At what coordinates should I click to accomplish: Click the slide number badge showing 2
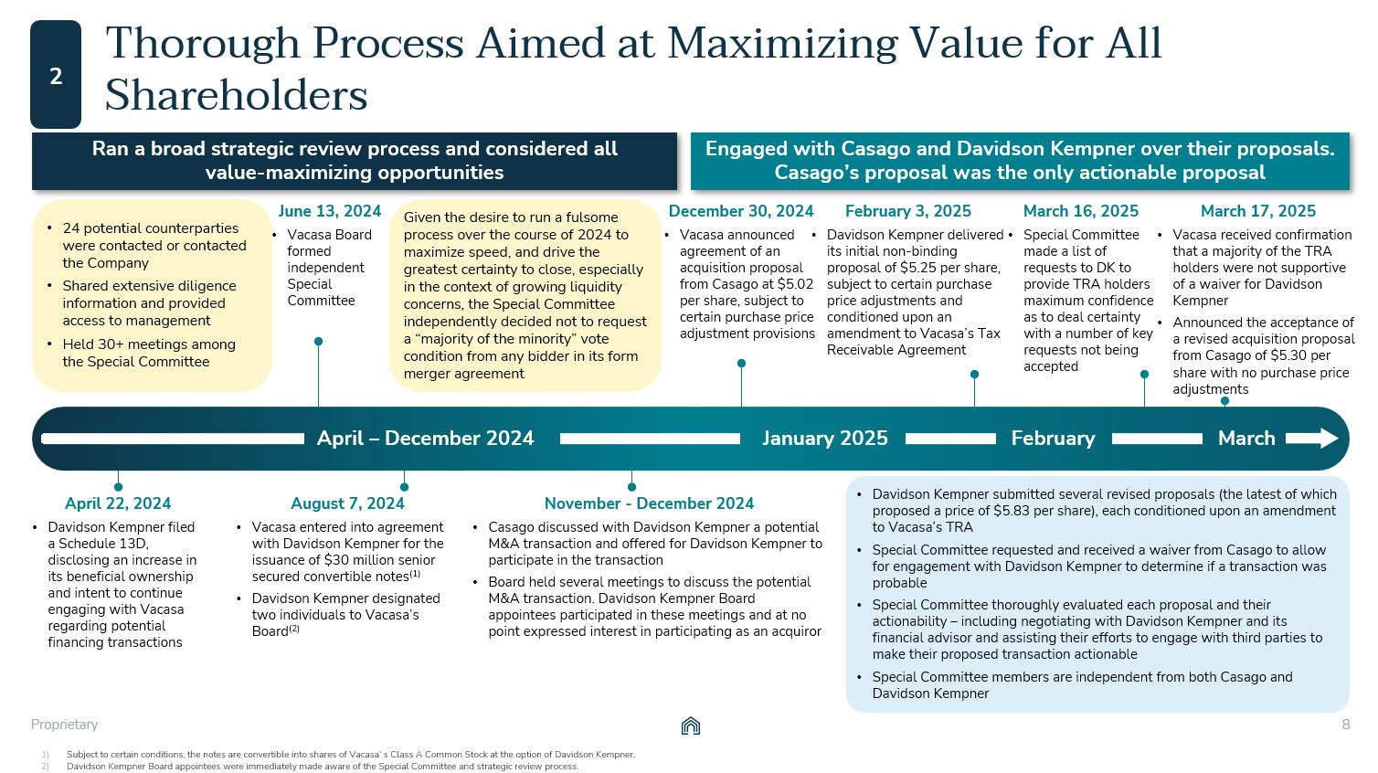click(x=56, y=75)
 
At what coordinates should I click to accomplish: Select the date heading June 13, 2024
click(x=330, y=211)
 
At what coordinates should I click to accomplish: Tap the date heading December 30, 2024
click(x=741, y=211)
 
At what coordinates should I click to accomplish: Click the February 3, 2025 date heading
click(x=907, y=211)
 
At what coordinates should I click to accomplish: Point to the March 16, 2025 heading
click(x=1080, y=211)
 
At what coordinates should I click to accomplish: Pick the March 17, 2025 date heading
click(x=1257, y=211)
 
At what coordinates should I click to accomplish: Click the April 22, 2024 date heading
click(x=118, y=503)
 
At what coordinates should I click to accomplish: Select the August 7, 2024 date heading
click(x=347, y=503)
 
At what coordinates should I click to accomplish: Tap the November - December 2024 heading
click(x=649, y=503)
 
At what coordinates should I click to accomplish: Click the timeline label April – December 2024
click(x=425, y=439)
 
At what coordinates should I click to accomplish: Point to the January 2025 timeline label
click(x=824, y=439)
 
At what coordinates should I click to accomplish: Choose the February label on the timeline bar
click(x=1053, y=439)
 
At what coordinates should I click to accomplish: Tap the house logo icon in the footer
click(x=691, y=726)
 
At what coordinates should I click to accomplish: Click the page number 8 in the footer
click(x=1345, y=725)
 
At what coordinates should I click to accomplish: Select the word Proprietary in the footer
click(x=64, y=725)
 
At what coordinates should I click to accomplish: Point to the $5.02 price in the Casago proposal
click(x=792, y=284)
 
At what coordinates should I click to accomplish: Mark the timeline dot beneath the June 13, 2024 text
click(x=318, y=342)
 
